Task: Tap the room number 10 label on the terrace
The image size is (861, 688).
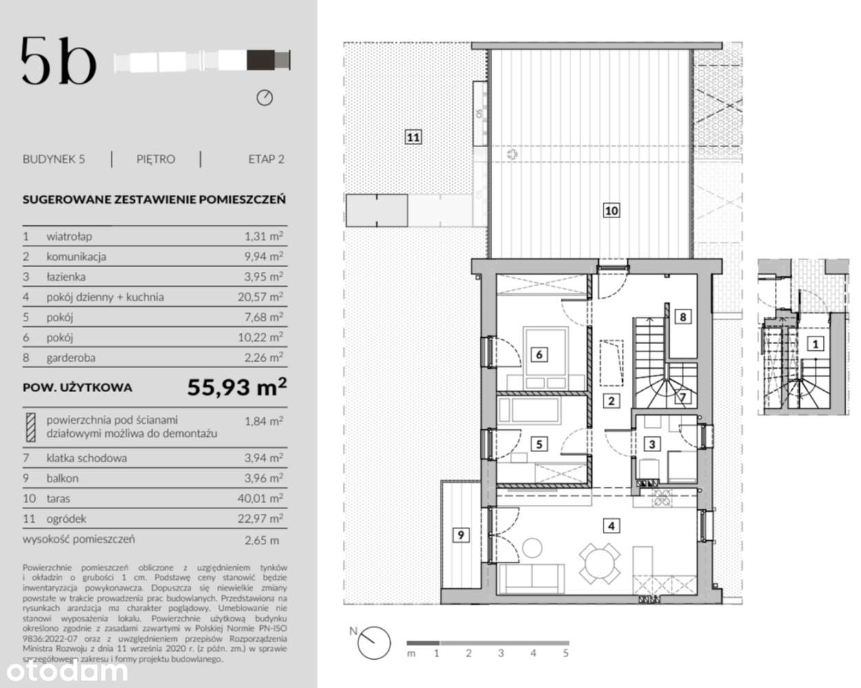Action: click(x=611, y=211)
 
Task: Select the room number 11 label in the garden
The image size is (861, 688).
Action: click(x=412, y=137)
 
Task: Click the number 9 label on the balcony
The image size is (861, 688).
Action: click(x=460, y=534)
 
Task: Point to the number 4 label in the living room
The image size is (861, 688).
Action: click(x=610, y=526)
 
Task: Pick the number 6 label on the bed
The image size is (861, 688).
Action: click(x=539, y=354)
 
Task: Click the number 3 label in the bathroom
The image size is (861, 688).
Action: click(x=651, y=444)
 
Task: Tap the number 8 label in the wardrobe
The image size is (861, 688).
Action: click(x=682, y=316)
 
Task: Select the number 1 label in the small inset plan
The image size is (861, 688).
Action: click(x=815, y=343)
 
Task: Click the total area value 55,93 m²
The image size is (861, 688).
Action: click(x=237, y=387)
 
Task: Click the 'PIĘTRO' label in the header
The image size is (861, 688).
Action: click(x=156, y=159)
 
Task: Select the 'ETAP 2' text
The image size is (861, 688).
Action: click(x=266, y=159)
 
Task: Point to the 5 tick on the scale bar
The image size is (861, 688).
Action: click(x=566, y=653)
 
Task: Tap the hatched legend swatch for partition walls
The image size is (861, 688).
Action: click(x=31, y=427)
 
